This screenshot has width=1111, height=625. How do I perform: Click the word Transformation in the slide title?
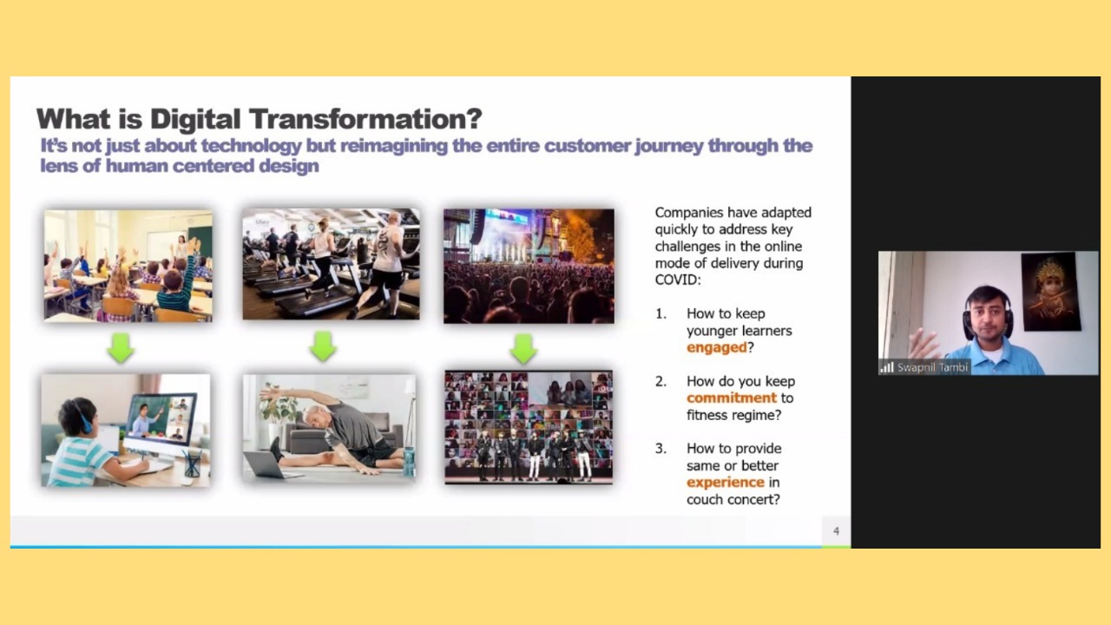365,119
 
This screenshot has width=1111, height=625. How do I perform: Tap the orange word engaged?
717,348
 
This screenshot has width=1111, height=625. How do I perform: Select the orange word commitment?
732,398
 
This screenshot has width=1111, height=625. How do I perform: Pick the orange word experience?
726,482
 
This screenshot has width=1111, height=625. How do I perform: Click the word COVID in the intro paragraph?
675,280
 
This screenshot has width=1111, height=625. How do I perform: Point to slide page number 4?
836,531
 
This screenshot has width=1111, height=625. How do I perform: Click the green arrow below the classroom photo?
121,347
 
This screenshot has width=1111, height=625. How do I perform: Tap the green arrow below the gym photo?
323,346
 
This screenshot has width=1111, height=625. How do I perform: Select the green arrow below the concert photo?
523,348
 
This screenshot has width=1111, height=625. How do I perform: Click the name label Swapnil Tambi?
932,367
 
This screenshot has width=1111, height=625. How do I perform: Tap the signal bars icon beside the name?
887,367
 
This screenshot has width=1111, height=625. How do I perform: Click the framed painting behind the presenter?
1050,292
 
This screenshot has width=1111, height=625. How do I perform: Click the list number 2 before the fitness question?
661,381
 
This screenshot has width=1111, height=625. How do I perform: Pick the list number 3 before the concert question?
661,449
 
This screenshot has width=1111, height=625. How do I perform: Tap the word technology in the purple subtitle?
251,146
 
